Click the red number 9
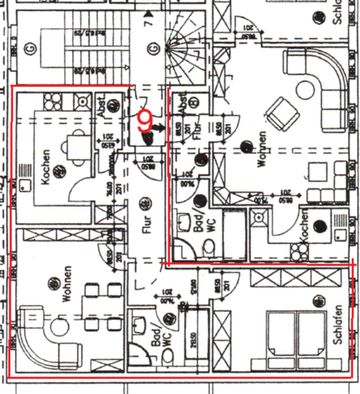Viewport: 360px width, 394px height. tap(144, 122)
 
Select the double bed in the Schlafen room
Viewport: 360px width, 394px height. tap(297, 335)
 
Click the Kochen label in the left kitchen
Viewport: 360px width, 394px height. tap(46, 167)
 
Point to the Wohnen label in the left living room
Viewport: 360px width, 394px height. tap(67, 284)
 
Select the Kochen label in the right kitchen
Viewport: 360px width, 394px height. tap(303, 242)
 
